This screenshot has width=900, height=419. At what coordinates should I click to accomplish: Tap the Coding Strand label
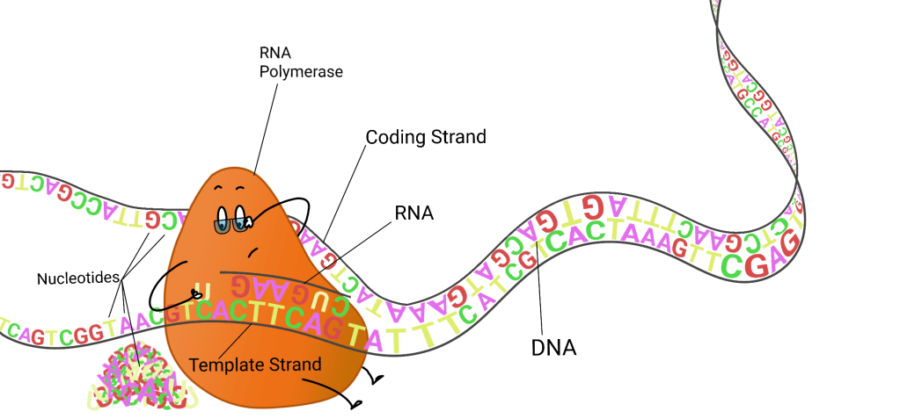tap(426, 138)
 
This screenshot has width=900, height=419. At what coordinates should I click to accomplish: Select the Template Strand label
tap(254, 363)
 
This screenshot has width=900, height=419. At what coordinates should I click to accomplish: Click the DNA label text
tap(553, 347)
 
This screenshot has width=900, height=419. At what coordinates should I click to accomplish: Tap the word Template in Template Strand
tap(221, 363)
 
